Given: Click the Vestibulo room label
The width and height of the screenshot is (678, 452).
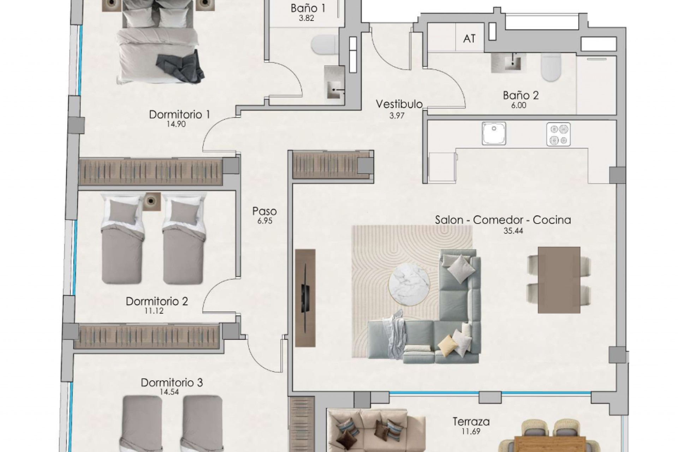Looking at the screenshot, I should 399,104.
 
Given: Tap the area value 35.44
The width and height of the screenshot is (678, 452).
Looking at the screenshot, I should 513,231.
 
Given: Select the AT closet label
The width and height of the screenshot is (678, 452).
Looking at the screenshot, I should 469,38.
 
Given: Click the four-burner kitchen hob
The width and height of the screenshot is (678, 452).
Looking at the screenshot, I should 558,134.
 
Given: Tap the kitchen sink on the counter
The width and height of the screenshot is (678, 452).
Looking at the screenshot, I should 494,133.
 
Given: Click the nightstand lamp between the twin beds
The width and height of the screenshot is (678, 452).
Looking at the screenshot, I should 152,201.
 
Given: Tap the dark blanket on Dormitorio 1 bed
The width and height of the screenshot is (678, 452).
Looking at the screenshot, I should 181,67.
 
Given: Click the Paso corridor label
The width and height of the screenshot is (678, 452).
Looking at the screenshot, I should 264,211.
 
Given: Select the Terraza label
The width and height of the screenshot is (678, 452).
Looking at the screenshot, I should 471,421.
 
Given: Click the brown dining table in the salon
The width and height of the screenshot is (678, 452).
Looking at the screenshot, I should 559,280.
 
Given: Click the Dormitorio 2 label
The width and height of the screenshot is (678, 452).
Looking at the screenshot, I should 157,301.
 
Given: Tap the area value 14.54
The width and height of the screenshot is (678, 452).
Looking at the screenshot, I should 169,392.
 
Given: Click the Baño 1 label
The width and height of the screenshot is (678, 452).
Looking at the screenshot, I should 308,8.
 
